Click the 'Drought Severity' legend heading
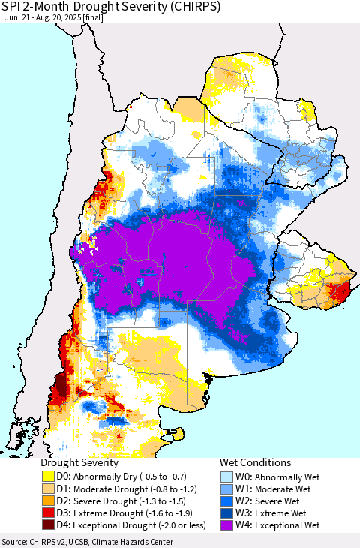(79, 463)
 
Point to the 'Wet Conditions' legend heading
(255, 463)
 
